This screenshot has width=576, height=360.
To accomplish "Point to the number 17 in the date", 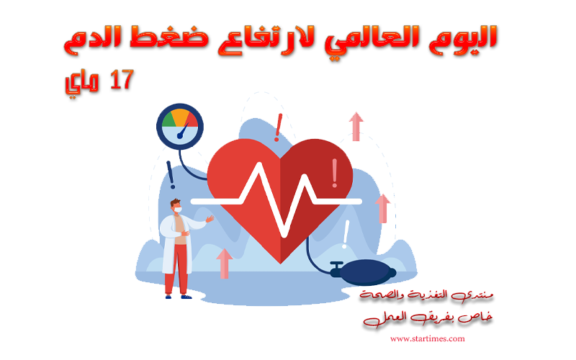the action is (121, 79).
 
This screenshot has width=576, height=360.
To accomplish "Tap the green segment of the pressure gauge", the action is (168, 120).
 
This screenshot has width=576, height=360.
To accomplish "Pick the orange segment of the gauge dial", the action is (180, 117).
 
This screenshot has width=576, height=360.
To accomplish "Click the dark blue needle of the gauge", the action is (182, 131).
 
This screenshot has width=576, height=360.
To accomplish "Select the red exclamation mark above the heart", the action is (279, 127).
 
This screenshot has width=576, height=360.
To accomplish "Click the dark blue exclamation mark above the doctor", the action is (171, 175).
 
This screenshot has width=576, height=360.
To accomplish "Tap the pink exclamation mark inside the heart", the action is (334, 173).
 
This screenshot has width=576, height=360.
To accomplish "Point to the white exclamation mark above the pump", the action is (346, 234).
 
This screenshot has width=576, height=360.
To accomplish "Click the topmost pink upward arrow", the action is (356, 127).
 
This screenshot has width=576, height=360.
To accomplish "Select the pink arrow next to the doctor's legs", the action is (224, 264).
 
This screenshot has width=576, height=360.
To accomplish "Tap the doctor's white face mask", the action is (178, 210).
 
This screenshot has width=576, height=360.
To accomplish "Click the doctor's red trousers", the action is (176, 268).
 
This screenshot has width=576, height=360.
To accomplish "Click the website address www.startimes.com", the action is (427, 338).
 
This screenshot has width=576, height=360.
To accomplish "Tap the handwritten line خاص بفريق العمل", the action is (428, 318).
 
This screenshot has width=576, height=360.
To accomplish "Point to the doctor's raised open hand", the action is (210, 219).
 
